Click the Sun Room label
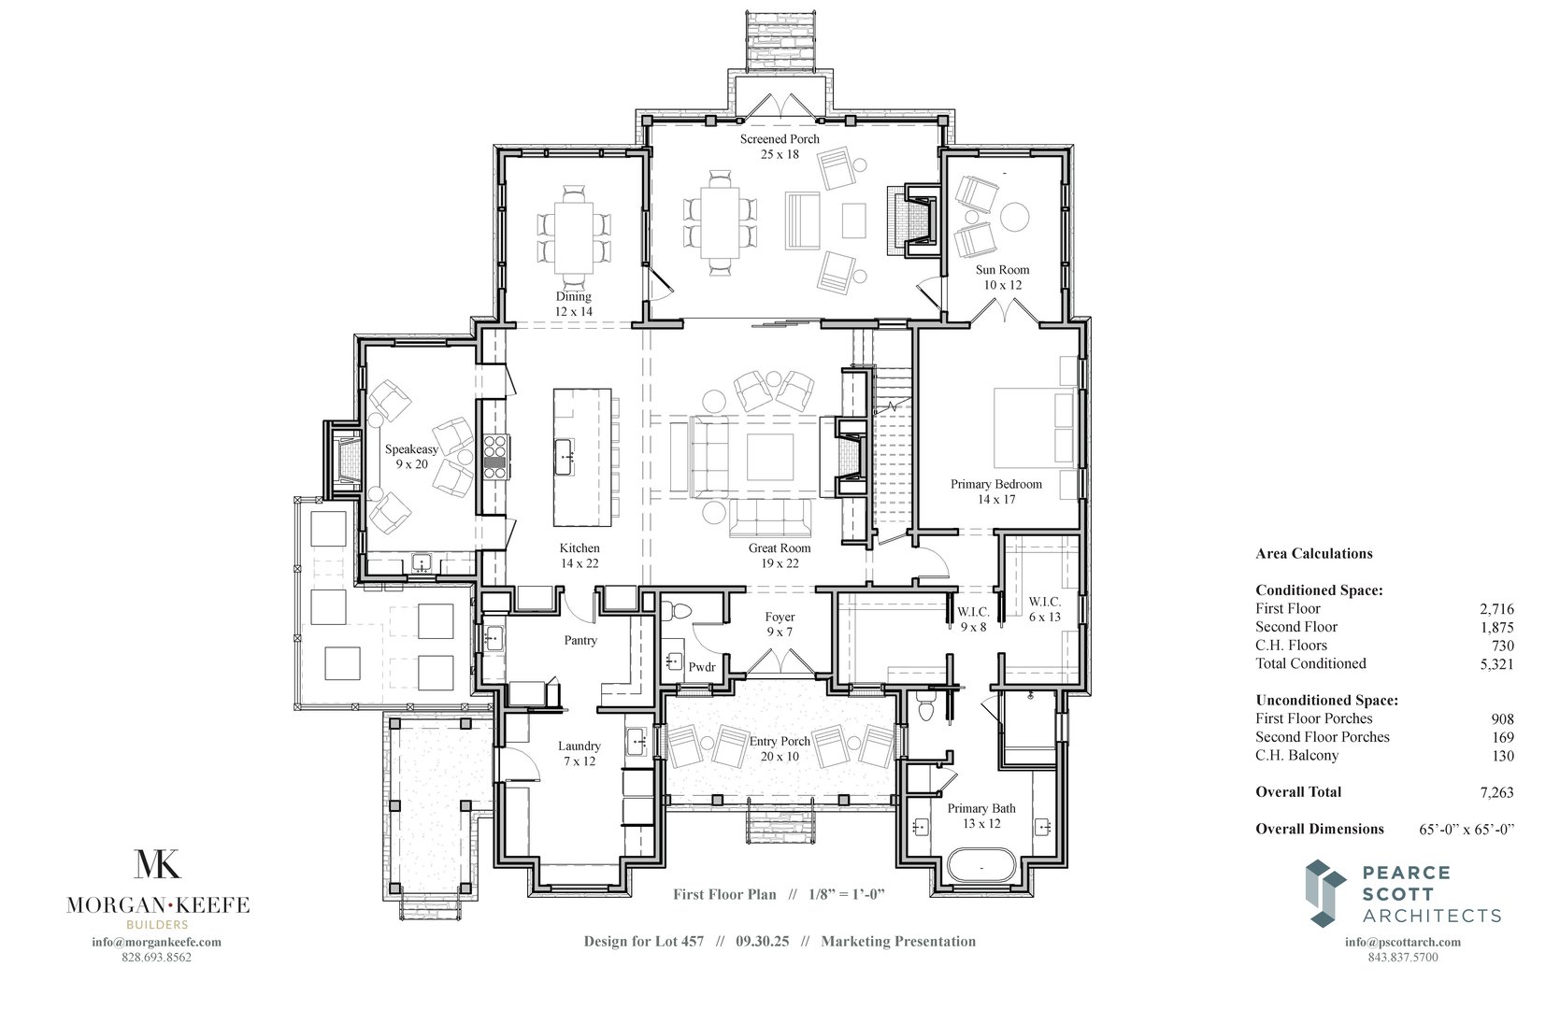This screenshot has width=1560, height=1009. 1001,277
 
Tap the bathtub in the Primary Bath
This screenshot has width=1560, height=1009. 981,866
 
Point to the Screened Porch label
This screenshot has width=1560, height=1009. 780,147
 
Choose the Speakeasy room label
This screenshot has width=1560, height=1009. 411,456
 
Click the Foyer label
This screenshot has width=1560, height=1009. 780,624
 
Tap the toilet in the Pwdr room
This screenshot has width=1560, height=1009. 678,612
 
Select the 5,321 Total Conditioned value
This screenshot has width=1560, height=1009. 1496,664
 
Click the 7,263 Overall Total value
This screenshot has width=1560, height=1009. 1496,792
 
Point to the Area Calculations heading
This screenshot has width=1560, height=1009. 1313,553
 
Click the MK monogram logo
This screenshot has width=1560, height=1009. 158,864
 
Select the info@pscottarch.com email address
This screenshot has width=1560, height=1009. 1403,942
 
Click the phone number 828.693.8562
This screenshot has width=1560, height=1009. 157,958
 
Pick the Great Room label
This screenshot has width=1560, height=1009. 780,555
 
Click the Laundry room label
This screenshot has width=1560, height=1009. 579,753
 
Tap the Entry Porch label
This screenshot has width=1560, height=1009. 780,748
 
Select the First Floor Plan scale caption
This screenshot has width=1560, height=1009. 779,894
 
